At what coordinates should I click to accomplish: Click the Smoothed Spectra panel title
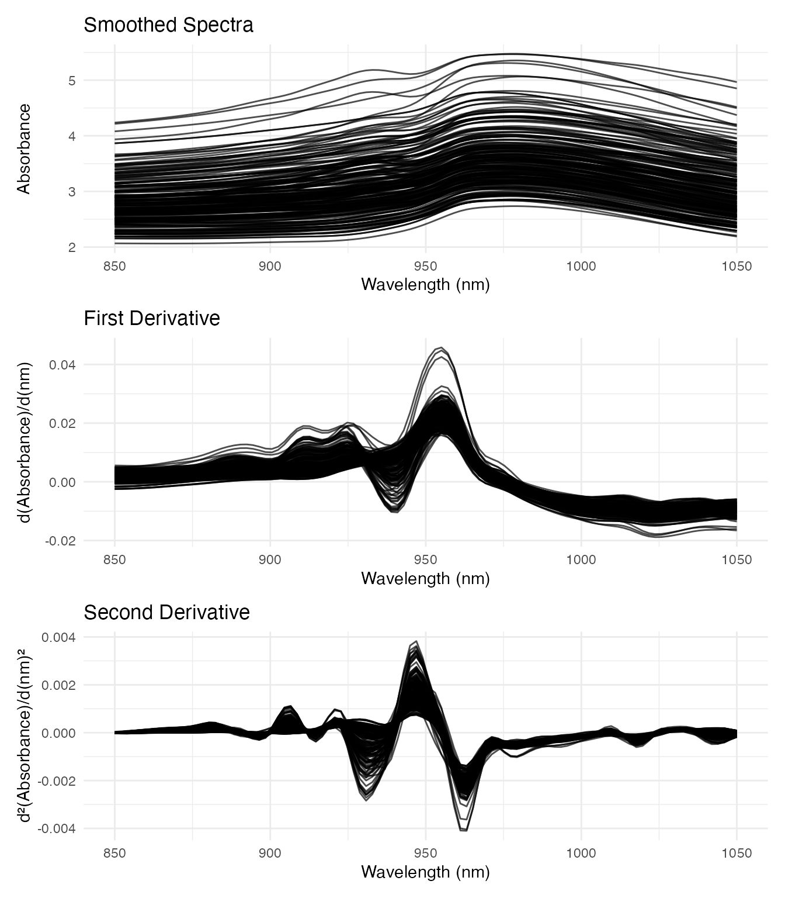coord(168,25)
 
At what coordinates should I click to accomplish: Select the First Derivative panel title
coord(152,319)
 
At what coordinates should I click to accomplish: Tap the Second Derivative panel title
coord(166,612)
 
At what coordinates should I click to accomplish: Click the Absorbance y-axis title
coord(23,149)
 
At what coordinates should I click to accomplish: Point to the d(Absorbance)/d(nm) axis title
coord(23,443)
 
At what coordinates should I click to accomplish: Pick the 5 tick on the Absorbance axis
coord(72,81)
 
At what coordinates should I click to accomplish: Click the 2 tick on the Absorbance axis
coord(72,247)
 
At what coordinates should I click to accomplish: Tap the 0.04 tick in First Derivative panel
coord(62,365)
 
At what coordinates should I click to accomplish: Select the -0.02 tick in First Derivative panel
coord(60,541)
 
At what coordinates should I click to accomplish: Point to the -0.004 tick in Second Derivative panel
coord(57,828)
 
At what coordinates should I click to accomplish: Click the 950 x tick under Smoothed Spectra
coord(425,267)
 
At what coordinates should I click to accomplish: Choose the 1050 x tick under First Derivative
coord(737,560)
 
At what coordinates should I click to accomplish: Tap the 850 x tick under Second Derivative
coord(114,854)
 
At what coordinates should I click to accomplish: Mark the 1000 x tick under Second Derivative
coord(581,854)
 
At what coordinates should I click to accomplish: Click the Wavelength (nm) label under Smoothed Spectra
coord(425,285)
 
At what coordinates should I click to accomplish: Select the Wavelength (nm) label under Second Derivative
coord(425,872)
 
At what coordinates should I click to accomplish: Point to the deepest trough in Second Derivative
coord(464,830)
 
